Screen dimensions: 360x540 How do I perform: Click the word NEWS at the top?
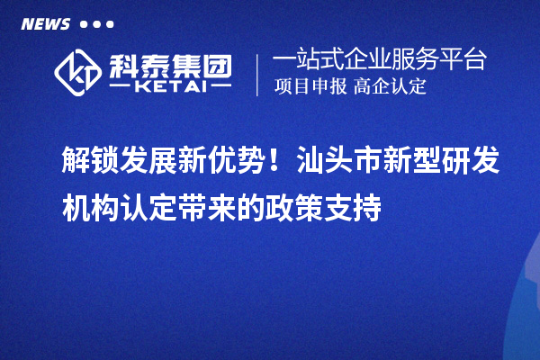click(x=45, y=24)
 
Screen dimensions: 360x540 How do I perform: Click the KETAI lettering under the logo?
click(x=168, y=88)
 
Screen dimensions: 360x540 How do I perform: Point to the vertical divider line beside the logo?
click(x=257, y=75)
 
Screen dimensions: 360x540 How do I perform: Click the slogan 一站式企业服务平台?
click(x=379, y=61)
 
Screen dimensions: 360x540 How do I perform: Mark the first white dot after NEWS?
click(x=85, y=24)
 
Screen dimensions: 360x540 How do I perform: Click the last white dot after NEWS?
click(x=110, y=24)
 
